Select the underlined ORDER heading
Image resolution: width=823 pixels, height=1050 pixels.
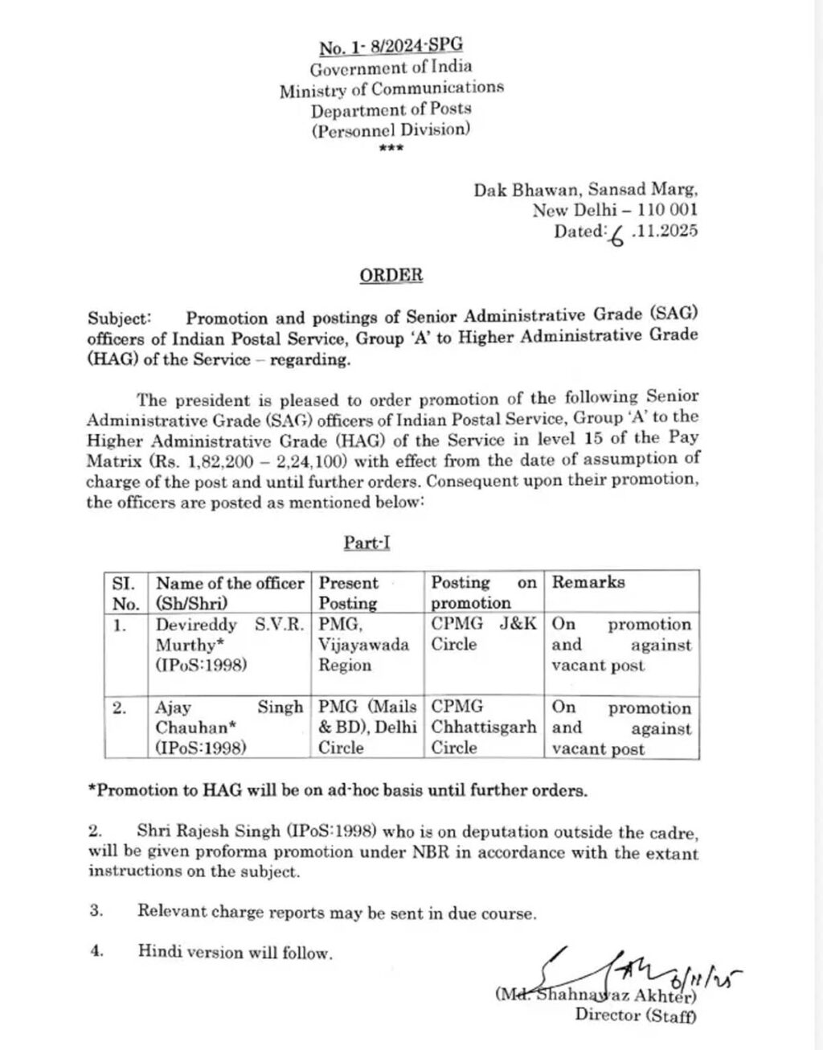point(391,275)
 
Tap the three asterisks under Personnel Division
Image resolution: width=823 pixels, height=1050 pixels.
point(391,149)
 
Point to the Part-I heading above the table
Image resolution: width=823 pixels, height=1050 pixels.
point(367,543)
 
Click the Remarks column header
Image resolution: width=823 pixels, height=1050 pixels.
point(588,582)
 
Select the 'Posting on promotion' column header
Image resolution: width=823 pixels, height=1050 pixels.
point(484,593)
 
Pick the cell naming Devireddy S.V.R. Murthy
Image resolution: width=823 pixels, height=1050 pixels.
point(229,645)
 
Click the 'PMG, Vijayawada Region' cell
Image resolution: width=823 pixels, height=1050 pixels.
point(367,645)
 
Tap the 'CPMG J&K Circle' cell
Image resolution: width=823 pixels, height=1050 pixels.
point(484,634)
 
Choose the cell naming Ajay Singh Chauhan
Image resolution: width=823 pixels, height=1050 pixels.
point(229,728)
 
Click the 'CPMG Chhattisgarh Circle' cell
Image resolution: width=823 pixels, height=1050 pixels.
point(484,728)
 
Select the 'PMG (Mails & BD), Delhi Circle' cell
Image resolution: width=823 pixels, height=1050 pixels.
point(367,728)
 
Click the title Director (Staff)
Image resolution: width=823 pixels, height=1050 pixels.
point(636,1015)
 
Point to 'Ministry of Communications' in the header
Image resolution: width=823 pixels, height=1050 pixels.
point(391,88)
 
